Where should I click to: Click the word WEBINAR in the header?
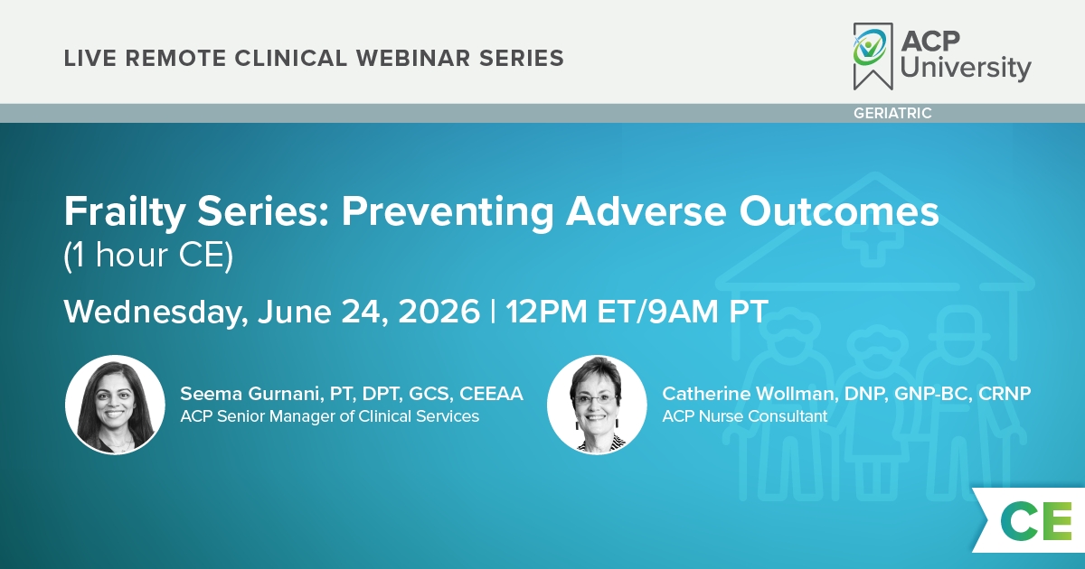coord(413,58)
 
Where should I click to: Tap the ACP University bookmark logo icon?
coord(873,56)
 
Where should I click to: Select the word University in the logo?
coord(966,69)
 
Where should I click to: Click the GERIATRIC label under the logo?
coord(892,113)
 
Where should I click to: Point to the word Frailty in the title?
coord(125,212)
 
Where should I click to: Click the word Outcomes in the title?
coord(839,212)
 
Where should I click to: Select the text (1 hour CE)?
coord(148,256)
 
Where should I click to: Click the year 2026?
coord(439,312)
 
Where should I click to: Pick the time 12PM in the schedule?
coord(546,312)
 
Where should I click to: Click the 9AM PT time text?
coord(708,312)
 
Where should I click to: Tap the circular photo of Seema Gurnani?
coord(115,405)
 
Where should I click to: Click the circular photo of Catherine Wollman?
coord(597,405)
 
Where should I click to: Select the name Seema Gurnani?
coord(250,394)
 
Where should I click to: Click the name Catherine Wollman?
coord(748,394)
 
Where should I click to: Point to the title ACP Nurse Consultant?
coord(744,416)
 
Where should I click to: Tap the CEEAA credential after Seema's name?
coord(491,394)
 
